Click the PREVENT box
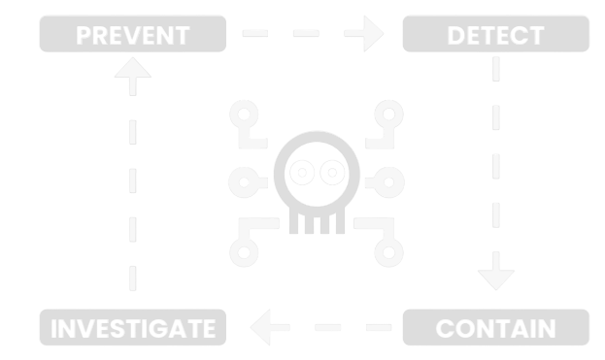[132, 37]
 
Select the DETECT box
[495, 37]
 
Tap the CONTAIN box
[495, 328]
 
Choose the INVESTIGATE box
[132, 328]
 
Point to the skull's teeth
[317, 224]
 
